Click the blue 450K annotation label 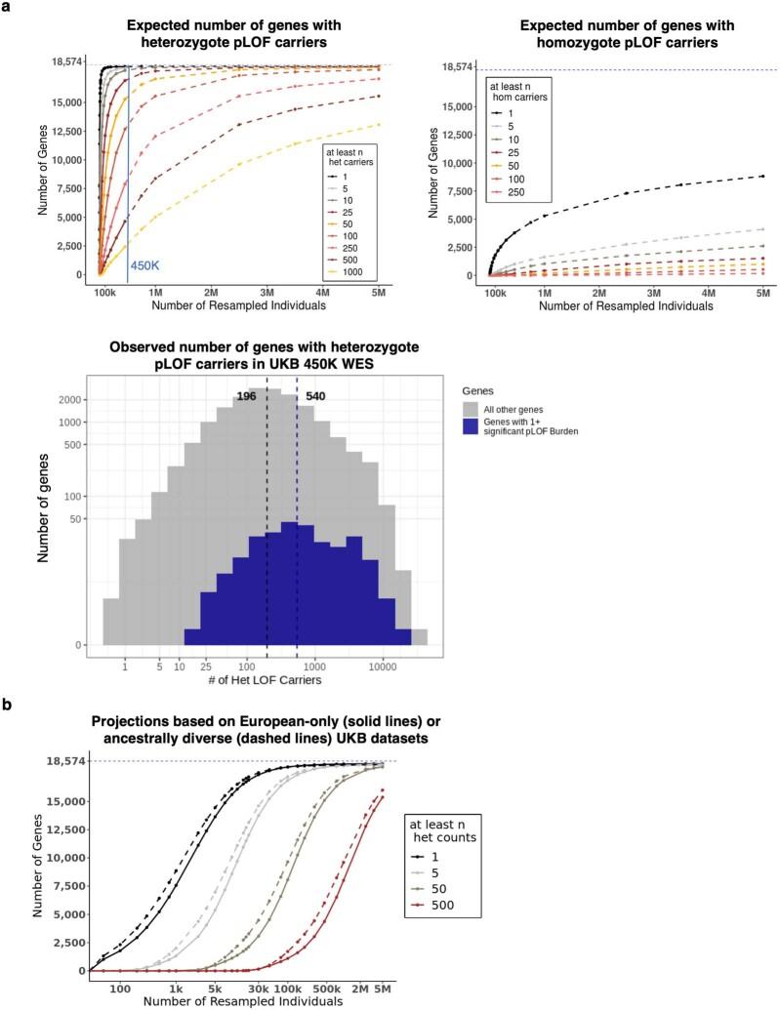click(x=146, y=264)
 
